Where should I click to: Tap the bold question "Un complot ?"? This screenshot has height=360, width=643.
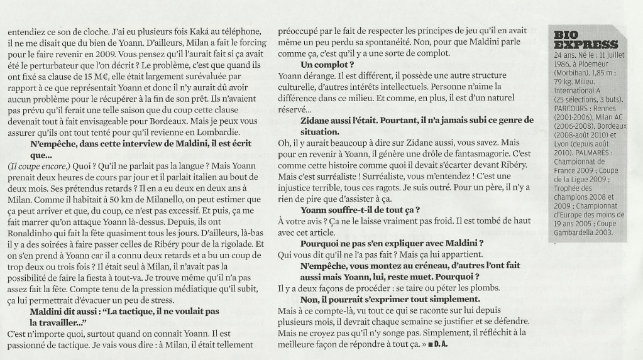(x=327, y=65)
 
